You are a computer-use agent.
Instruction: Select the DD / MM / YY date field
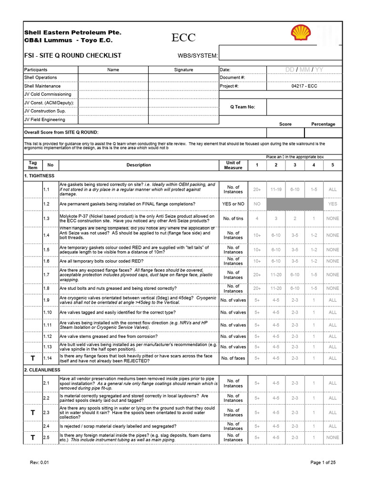pos(304,70)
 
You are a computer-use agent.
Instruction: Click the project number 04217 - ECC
pos(304,86)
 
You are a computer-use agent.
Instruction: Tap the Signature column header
pos(183,70)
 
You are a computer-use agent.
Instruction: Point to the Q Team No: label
pos(243,107)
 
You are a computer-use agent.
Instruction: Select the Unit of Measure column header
pos(233,165)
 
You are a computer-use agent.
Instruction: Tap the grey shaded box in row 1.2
pos(295,204)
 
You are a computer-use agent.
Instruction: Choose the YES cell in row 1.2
pos(333,204)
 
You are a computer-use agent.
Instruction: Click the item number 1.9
pos(46,300)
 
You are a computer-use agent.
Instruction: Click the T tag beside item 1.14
pos(32,358)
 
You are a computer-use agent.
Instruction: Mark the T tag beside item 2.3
pos(32,413)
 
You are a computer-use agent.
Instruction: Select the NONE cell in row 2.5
pos(333,437)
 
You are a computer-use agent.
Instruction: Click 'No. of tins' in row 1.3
pos(233,218)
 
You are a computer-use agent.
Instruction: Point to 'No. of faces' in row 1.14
pos(233,358)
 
